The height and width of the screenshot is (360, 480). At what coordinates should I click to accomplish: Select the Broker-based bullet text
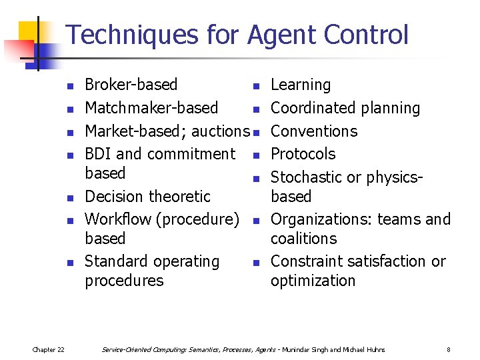pyautogui.click(x=131, y=85)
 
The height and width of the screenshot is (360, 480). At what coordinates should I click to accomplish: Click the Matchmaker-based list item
pyautogui.click(x=151, y=108)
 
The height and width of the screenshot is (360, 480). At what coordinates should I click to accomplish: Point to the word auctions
pyautogui.click(x=220, y=131)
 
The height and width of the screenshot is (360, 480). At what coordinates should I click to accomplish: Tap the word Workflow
pyautogui.click(x=117, y=219)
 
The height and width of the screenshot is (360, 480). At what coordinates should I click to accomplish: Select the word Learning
pyautogui.click(x=301, y=85)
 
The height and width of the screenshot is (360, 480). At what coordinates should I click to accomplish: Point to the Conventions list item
pyautogui.click(x=314, y=131)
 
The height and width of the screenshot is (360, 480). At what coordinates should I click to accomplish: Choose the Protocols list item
pyautogui.click(x=303, y=154)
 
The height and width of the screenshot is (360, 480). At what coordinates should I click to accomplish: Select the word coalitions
pyautogui.click(x=304, y=239)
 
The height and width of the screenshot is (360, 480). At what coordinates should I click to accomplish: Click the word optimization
pyautogui.click(x=313, y=281)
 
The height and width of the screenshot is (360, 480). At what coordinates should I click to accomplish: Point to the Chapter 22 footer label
pyautogui.click(x=48, y=350)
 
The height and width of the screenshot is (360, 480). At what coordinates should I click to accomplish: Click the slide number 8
pyautogui.click(x=449, y=350)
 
